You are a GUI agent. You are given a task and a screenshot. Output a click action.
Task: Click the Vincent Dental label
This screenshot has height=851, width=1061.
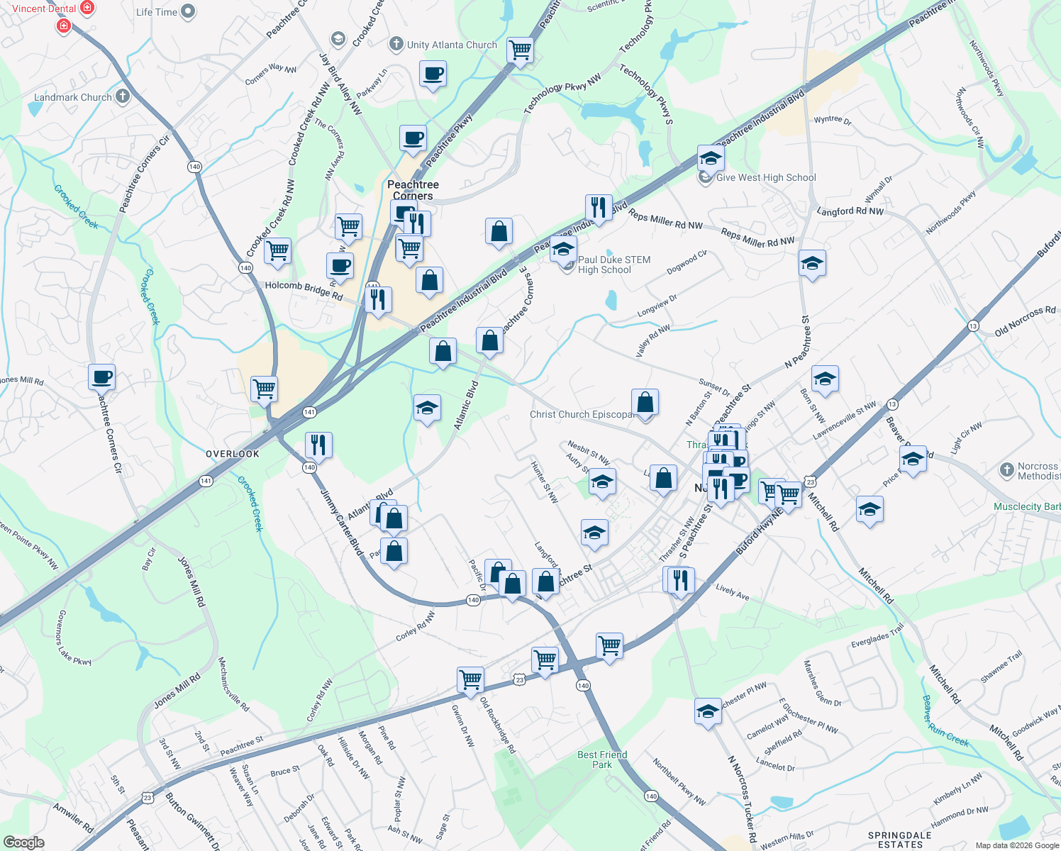tap(44, 9)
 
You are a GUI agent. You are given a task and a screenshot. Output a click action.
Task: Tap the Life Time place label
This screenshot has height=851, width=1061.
tap(157, 12)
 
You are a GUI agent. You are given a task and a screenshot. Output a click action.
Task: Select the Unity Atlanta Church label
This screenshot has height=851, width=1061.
tap(452, 45)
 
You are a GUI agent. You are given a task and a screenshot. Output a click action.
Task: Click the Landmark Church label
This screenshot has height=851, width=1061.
tap(73, 97)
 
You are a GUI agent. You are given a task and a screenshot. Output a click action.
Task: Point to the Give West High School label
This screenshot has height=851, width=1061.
tap(766, 178)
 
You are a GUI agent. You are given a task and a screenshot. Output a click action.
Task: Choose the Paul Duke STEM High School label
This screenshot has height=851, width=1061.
tap(613, 265)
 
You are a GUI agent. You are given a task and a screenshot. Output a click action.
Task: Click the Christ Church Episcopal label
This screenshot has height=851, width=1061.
tap(582, 414)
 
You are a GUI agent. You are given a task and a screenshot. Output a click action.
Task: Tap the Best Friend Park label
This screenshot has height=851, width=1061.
tap(602, 760)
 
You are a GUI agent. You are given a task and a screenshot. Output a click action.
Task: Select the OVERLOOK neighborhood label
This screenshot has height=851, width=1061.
tap(233, 454)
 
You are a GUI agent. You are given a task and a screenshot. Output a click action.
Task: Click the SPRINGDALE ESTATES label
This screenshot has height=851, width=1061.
tap(899, 840)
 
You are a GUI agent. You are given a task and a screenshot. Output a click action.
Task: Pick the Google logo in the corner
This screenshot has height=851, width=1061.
tap(24, 842)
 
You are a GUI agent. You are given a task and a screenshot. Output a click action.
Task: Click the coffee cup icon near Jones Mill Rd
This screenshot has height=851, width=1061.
tap(102, 377)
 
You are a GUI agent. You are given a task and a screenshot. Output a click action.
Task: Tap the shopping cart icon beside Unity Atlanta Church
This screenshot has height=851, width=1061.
tap(521, 50)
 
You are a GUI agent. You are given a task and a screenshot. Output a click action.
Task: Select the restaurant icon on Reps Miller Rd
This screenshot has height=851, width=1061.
tap(599, 207)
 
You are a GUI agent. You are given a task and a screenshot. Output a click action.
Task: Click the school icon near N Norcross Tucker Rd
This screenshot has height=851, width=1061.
tap(708, 711)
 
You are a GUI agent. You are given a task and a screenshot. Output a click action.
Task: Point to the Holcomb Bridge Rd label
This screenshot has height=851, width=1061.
tap(304, 291)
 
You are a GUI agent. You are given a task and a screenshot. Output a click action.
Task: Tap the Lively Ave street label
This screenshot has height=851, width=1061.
tap(732, 592)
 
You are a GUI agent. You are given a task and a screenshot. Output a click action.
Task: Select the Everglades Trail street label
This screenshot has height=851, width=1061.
tap(878, 635)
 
